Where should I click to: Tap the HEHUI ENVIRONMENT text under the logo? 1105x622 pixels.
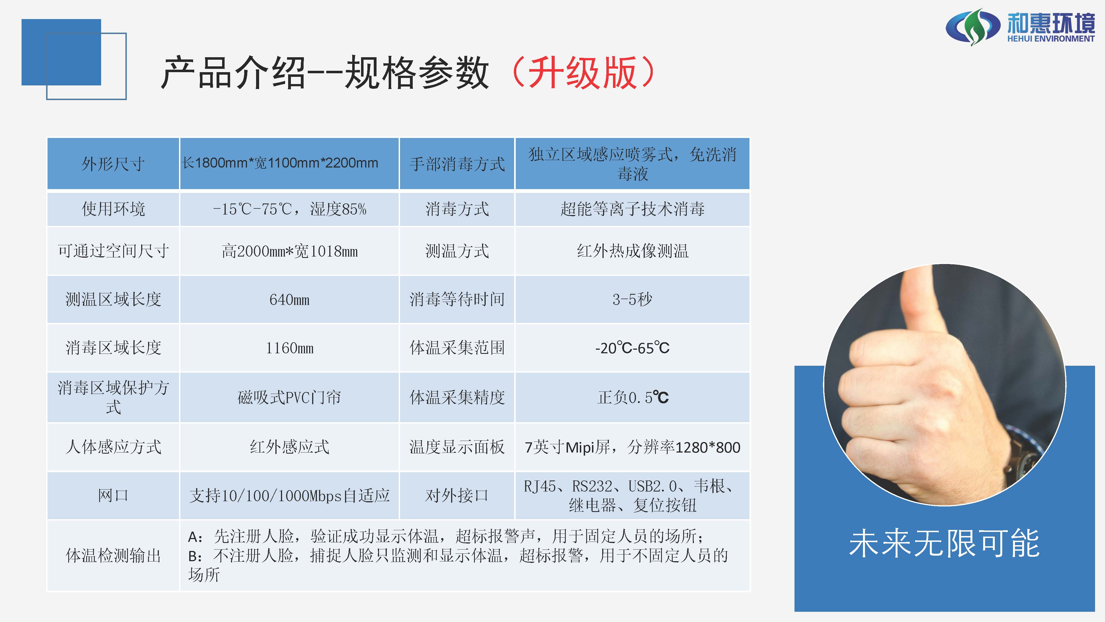[x=1051, y=39]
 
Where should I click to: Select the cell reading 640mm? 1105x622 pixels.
[x=290, y=299]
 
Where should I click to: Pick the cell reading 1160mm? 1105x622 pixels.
[x=290, y=348]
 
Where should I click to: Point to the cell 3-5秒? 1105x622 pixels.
[x=632, y=299]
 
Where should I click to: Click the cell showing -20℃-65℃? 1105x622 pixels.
[x=632, y=348]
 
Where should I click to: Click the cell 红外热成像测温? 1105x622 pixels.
[x=632, y=251]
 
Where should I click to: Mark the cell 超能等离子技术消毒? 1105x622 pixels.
[x=632, y=209]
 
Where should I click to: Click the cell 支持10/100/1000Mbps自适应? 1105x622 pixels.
[x=290, y=496]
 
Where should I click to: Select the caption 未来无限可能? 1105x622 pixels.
[x=944, y=543]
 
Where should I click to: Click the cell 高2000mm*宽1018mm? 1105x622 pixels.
[x=290, y=251]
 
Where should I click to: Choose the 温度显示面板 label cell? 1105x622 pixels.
[x=457, y=447]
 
